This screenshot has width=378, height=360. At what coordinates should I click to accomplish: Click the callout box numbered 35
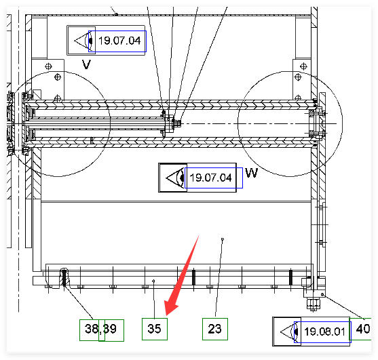tap(155, 329)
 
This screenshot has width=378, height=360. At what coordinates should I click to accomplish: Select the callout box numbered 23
tap(215, 329)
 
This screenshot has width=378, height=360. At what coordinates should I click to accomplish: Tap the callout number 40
tap(363, 329)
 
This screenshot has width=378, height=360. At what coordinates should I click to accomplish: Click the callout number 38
tap(92, 329)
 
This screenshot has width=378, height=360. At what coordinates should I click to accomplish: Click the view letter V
tap(87, 64)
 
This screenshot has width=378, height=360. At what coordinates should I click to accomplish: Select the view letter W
tap(252, 173)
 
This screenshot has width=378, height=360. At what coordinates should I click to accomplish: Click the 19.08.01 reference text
tap(324, 332)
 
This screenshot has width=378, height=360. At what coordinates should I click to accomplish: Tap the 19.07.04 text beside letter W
tap(210, 178)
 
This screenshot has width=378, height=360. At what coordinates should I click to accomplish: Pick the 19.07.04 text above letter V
tap(119, 41)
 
